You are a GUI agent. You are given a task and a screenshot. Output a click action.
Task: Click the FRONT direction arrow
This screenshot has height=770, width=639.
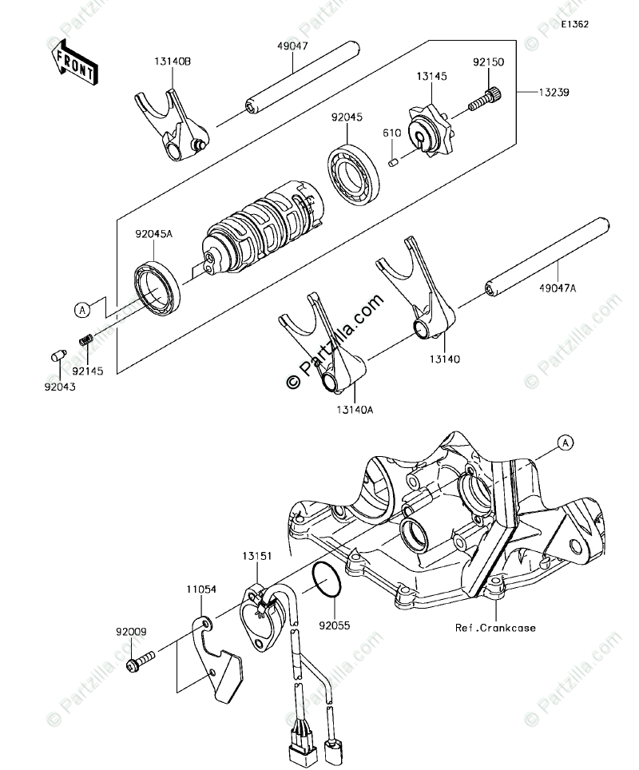pos(73,63)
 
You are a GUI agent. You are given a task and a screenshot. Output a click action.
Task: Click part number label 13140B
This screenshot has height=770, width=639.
pos(173,60)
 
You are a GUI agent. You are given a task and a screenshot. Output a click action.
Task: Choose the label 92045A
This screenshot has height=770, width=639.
pos(153,234)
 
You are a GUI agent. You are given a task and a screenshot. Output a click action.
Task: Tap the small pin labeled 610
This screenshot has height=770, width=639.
pos(393,162)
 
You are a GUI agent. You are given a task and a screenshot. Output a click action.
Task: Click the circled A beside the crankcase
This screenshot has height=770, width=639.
pos(564,442)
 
